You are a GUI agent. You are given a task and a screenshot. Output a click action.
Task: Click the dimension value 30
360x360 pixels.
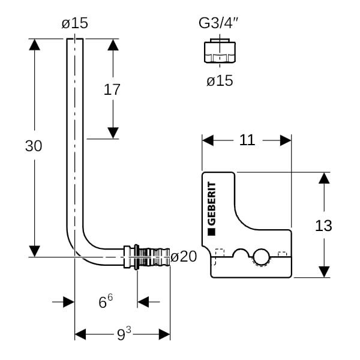tap(34, 146)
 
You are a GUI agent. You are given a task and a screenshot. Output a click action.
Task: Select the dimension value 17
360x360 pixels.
tap(112, 90)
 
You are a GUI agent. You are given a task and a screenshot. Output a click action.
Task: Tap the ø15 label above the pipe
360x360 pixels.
tap(74, 23)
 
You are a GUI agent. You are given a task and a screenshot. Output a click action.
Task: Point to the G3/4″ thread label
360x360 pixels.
tap(219, 23)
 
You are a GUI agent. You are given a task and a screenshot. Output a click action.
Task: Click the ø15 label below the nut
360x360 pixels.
tap(220, 80)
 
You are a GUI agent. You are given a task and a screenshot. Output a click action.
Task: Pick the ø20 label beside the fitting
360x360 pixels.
tap(184, 257)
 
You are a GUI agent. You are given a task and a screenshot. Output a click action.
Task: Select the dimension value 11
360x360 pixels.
tap(247, 140)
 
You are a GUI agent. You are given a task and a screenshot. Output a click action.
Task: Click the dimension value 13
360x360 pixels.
tap(323, 226)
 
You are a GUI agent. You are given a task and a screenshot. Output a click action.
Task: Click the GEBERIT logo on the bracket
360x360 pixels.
tap(211, 207)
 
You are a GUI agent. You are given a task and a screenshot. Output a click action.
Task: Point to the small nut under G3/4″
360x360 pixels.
tap(220, 52)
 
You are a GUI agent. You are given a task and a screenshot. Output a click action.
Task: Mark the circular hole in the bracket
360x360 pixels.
tap(262, 259)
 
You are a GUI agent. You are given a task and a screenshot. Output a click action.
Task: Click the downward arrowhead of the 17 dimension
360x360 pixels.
tap(112, 133)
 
